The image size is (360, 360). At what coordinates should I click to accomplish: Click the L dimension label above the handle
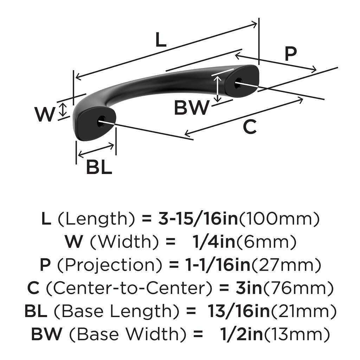coord(160,40)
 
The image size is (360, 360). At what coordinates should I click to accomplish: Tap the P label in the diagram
coord(290,54)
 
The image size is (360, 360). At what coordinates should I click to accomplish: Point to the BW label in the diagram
coord(192,108)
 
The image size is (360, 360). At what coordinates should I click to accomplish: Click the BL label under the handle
coord(99,167)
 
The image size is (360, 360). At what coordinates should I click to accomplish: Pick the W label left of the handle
coord(45,114)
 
